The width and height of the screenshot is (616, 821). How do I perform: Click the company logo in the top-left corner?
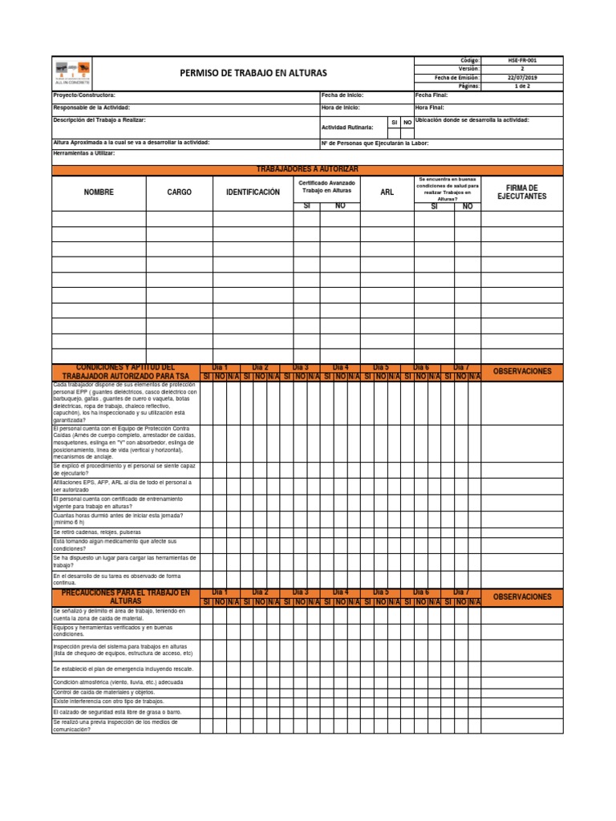coord(72,71)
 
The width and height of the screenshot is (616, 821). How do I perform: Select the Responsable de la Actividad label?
coord(91,107)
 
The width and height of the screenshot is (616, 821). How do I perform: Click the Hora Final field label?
coord(429,107)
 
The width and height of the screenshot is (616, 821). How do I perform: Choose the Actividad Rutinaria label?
coord(347,127)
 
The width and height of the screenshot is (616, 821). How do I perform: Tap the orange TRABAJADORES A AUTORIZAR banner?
coord(307,169)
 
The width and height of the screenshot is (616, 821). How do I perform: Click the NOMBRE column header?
coord(99,192)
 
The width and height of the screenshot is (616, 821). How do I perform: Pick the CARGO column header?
coord(179,192)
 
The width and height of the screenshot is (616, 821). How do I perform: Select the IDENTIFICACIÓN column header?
coord(253,192)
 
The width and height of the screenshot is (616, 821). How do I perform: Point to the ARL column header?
coord(387,192)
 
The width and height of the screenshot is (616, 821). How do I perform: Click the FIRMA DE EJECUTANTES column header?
coord(521,192)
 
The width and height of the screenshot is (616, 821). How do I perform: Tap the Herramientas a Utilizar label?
coord(83,152)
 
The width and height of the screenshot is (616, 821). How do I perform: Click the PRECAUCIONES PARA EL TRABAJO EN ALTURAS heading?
coord(126,597)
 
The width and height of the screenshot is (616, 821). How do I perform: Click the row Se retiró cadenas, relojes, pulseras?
coord(97,532)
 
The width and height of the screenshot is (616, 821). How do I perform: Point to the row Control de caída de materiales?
coord(103,691)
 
